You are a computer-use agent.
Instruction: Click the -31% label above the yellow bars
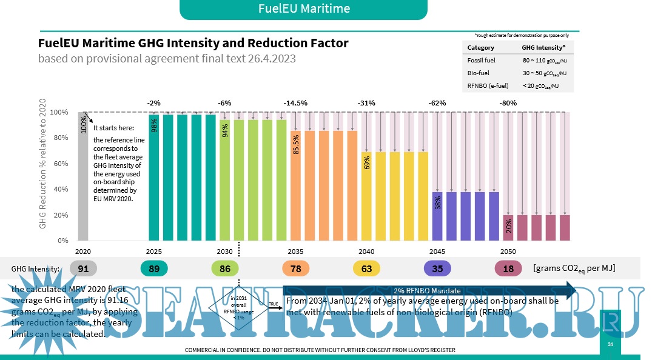[x=367, y=103]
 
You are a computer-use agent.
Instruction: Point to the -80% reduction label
[x=508, y=103]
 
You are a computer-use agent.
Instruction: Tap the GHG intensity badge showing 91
[x=84, y=268]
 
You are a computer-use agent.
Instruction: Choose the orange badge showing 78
[x=296, y=268]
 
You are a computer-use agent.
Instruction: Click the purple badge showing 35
[x=437, y=268]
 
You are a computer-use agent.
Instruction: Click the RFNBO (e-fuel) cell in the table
[x=488, y=85]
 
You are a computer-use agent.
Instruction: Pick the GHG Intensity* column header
[x=543, y=47]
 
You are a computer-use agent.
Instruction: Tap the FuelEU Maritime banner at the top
[x=304, y=9]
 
